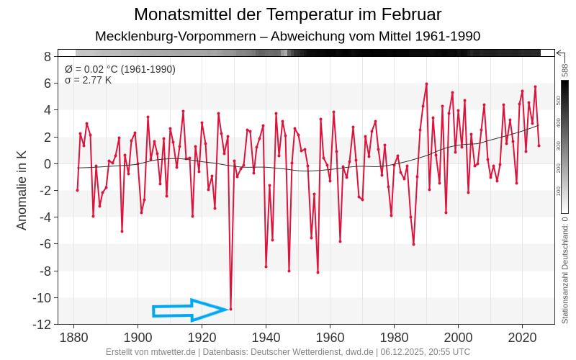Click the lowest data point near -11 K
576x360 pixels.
click(230, 310)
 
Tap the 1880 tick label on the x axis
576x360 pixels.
click(73, 337)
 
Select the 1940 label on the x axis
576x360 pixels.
click(266, 337)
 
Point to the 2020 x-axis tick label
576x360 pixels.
click(522, 337)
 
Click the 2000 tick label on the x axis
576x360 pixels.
click(458, 337)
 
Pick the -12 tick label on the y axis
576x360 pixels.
click(42, 325)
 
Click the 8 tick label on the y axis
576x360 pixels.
click(47, 56)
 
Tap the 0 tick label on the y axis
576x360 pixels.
click(47, 164)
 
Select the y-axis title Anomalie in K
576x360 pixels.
click(22, 190)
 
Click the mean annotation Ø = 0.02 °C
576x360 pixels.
click(120, 69)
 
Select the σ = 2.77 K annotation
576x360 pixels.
click(88, 80)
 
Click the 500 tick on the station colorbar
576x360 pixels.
click(558, 101)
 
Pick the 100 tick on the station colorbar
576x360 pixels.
click(558, 191)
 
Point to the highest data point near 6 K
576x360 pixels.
click(426, 84)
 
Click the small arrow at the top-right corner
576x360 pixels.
click(560, 53)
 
